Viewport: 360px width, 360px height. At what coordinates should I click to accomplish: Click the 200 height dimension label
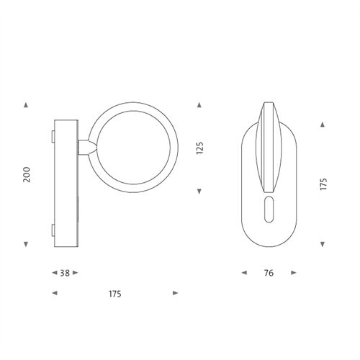27,174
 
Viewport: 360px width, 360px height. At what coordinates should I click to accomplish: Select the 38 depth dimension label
65,273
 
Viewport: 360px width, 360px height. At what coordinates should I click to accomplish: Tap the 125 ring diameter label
199,148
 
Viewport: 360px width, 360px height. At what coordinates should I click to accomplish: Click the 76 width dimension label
269,273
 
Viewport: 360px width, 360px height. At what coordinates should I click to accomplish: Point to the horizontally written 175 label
115,294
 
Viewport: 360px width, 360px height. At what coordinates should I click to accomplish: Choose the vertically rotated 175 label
323,184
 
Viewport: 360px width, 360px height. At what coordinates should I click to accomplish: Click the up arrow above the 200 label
26,105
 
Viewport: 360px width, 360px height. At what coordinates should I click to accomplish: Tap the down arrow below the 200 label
26,244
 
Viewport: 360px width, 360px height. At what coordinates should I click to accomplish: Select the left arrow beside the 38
55,273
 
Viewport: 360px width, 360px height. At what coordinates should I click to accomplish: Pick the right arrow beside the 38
76,273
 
